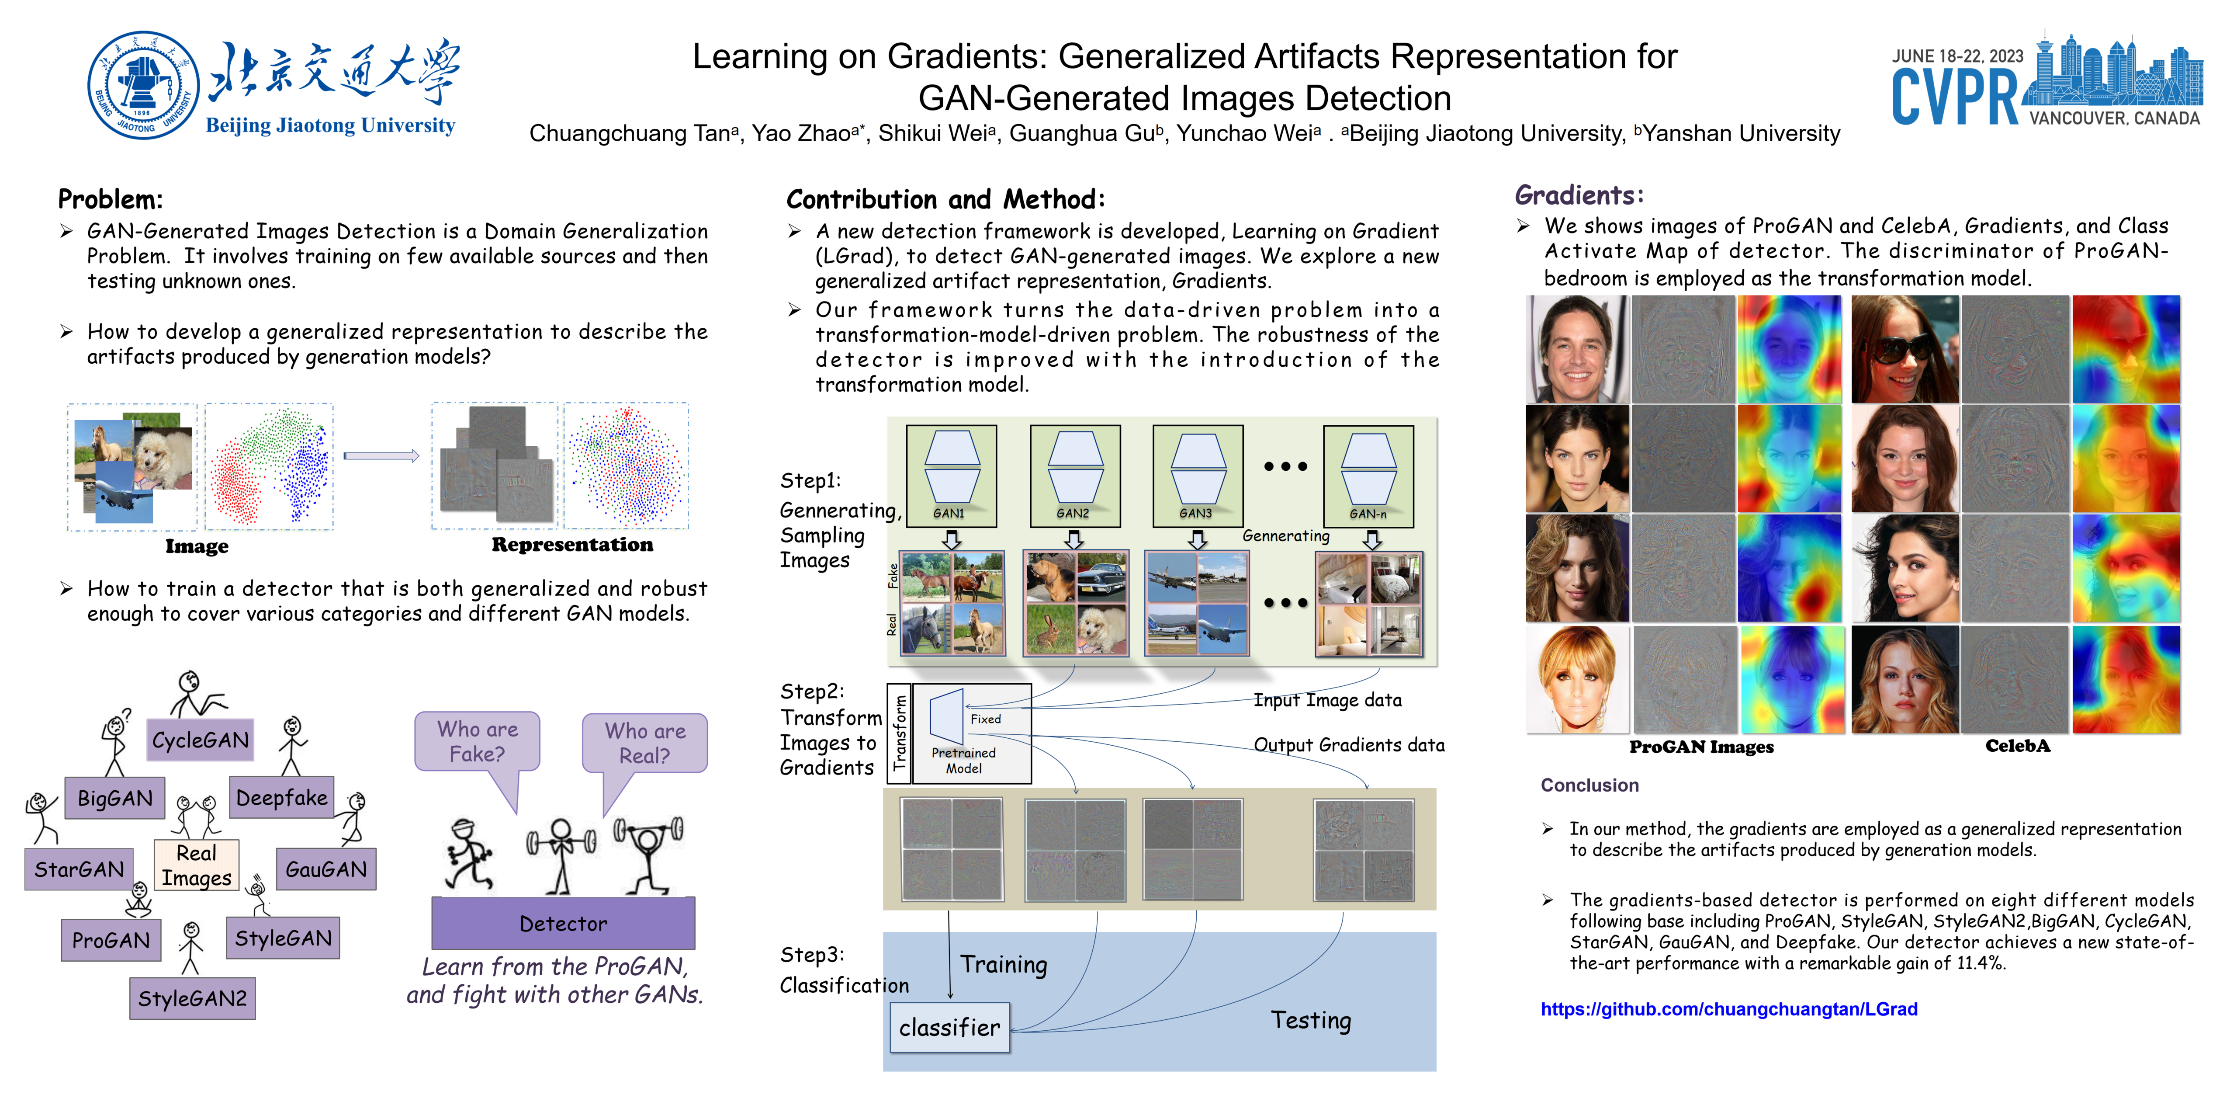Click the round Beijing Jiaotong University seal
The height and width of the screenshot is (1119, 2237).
143,85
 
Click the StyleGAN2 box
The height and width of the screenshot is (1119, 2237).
192,998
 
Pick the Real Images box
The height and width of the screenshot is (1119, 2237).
196,865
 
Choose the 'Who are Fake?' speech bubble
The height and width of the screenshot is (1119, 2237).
478,741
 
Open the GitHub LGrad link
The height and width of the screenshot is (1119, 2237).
1728,1009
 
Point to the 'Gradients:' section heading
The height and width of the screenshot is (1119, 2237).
1579,195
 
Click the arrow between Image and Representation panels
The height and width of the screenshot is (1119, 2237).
381,456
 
